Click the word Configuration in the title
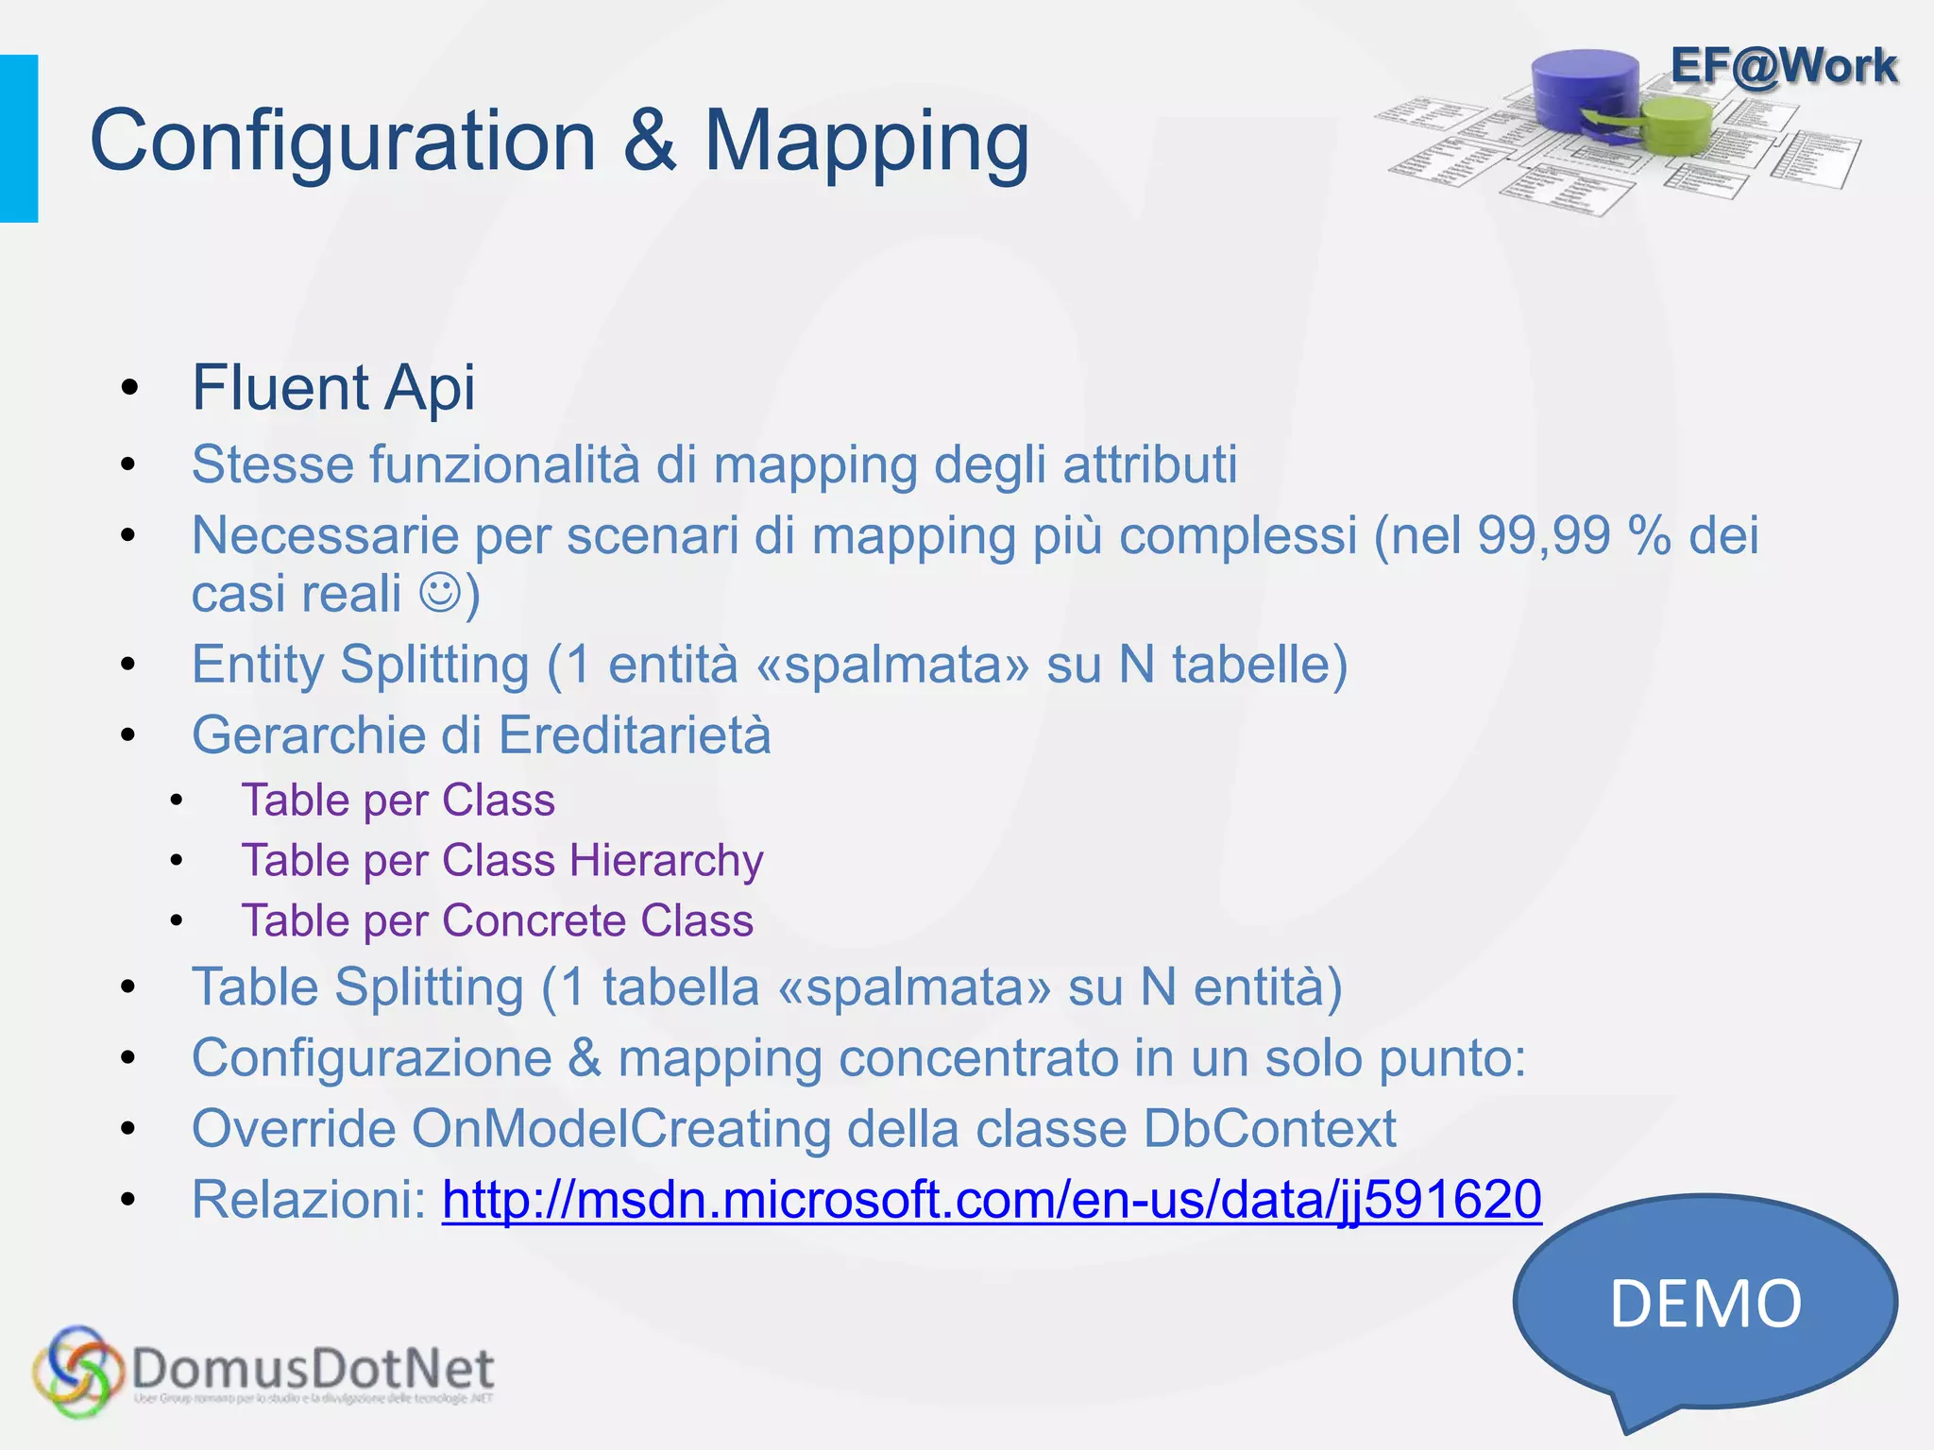pos(342,142)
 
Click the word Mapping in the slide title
pos(866,142)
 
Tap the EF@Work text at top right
pos(1783,66)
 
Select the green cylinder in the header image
pos(1676,125)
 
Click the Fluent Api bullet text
pos(333,387)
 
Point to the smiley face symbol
pos(439,594)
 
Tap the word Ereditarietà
pos(635,735)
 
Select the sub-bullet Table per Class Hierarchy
pos(501,860)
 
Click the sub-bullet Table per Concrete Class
pos(497,920)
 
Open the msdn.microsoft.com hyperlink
pos(992,1200)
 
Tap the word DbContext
pos(1269,1128)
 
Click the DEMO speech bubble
pos(1705,1304)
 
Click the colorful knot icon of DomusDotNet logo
pos(77,1371)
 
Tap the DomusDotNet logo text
pos(313,1369)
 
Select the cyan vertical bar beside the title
pos(19,139)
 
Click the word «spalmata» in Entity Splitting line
pos(892,665)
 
